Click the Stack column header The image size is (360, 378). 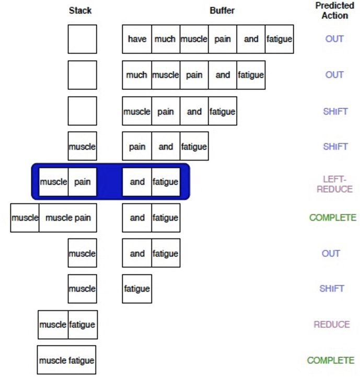(x=80, y=10)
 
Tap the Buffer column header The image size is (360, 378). (x=222, y=10)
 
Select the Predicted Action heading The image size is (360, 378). (x=334, y=10)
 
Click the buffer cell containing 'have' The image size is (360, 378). (x=137, y=39)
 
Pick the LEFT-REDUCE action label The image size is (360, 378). (x=334, y=184)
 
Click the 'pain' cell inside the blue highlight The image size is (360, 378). (x=83, y=182)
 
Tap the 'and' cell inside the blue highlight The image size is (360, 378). (x=137, y=182)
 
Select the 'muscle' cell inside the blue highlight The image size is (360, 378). (x=53, y=182)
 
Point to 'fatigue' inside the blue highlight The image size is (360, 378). (x=166, y=182)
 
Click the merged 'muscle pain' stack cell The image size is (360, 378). (x=68, y=217)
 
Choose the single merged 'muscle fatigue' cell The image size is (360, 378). (x=66, y=360)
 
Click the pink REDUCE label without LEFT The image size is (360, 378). (x=331, y=325)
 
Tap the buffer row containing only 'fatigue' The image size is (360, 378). (x=137, y=289)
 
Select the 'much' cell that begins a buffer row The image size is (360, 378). (x=136, y=75)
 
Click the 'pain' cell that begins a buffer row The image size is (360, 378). (x=137, y=146)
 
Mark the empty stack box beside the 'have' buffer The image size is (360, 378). (x=82, y=39)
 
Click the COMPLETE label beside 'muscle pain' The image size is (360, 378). (x=332, y=217)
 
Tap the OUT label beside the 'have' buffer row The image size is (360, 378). (x=334, y=39)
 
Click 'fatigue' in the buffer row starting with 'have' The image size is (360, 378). (x=279, y=39)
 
